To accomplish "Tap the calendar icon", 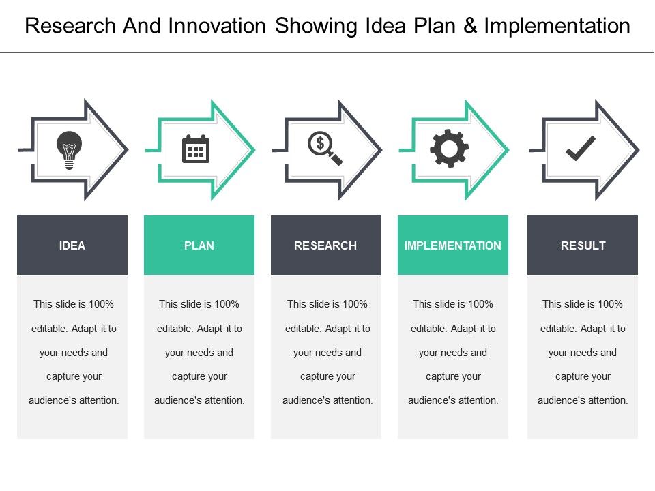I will [196, 149].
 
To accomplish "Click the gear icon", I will [449, 149].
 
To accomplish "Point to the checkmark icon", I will [581, 148].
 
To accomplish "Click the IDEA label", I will [72, 245].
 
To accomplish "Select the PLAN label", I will [199, 245].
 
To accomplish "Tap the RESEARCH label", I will [325, 245].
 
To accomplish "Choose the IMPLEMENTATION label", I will [453, 245].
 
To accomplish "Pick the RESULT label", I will [583, 245].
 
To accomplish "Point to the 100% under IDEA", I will [101, 304].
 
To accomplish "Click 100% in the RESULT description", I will [610, 304].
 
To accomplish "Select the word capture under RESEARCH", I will [315, 376].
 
